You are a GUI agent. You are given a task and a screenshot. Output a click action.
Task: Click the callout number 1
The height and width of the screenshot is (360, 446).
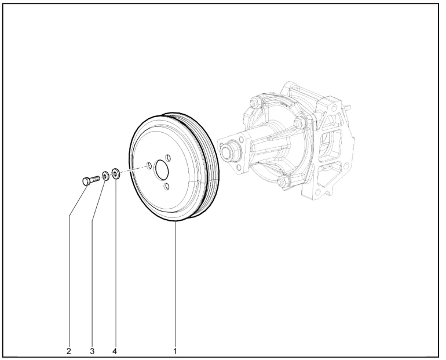[x=175, y=351]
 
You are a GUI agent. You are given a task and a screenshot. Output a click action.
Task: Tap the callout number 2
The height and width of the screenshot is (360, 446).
[x=69, y=351]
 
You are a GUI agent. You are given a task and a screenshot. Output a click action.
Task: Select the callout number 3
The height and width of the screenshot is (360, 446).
[x=92, y=351]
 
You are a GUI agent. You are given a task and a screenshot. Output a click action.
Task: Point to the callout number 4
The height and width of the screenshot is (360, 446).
[x=115, y=351]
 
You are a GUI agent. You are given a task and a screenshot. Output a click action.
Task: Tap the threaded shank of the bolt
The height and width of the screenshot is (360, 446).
[x=95, y=179]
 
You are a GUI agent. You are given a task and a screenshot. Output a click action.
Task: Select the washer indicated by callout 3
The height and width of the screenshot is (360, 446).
[x=105, y=176]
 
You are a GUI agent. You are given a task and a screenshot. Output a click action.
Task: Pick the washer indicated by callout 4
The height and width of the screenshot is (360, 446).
[x=116, y=173]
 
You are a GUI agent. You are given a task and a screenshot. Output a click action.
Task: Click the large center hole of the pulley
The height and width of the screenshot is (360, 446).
[x=161, y=170]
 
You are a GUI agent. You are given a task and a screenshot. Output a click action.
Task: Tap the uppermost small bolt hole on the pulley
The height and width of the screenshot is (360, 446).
[x=168, y=157]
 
